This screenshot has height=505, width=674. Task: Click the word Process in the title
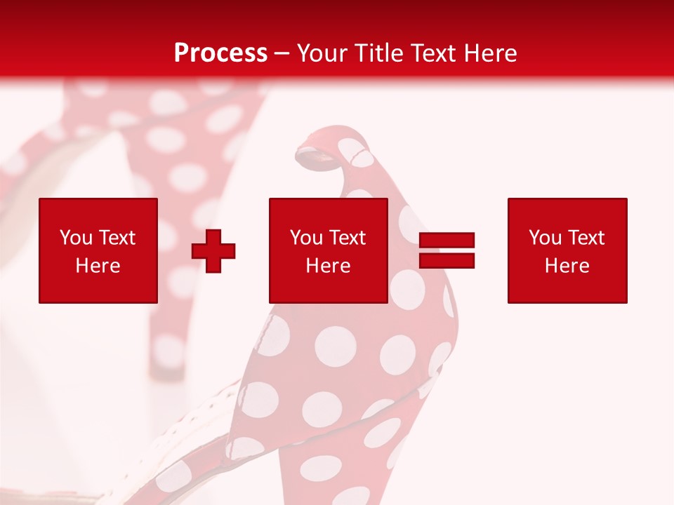pos(220,53)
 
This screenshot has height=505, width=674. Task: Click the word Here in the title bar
pos(491,53)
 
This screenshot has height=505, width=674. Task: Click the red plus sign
pos(213,251)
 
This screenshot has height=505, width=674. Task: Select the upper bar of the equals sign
pos(447,241)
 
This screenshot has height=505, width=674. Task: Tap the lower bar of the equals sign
pos(447,260)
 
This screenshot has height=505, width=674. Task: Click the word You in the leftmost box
pos(75,238)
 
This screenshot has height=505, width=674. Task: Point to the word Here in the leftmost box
pos(98,266)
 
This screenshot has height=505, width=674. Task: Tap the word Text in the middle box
pos(348,238)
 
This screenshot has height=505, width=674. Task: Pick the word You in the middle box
pos(306,238)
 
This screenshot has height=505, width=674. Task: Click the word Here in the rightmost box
pos(567,266)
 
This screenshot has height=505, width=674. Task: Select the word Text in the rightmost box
pos(587,238)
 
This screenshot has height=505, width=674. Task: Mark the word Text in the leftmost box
pos(117,238)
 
